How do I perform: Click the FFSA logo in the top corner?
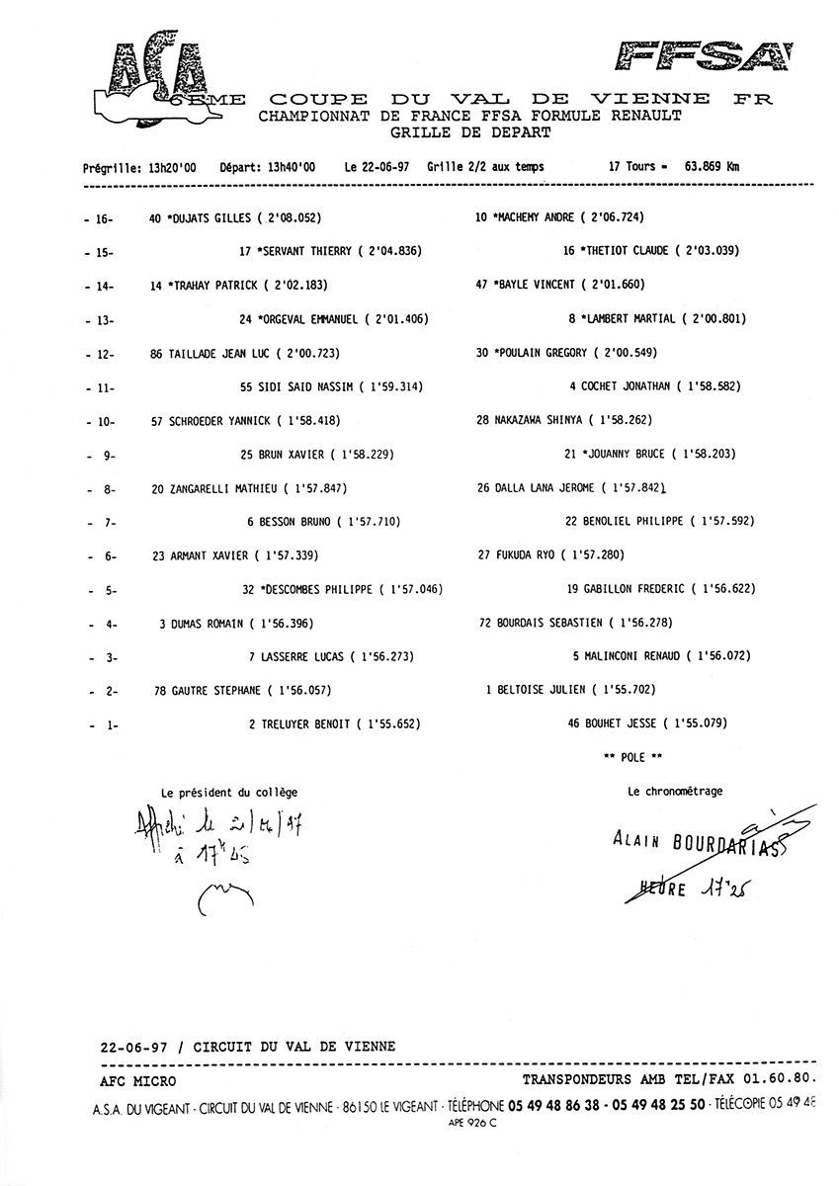(704, 57)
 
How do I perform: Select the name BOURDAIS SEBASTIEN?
(550, 624)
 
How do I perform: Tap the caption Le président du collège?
(229, 792)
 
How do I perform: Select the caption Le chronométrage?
(674, 791)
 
